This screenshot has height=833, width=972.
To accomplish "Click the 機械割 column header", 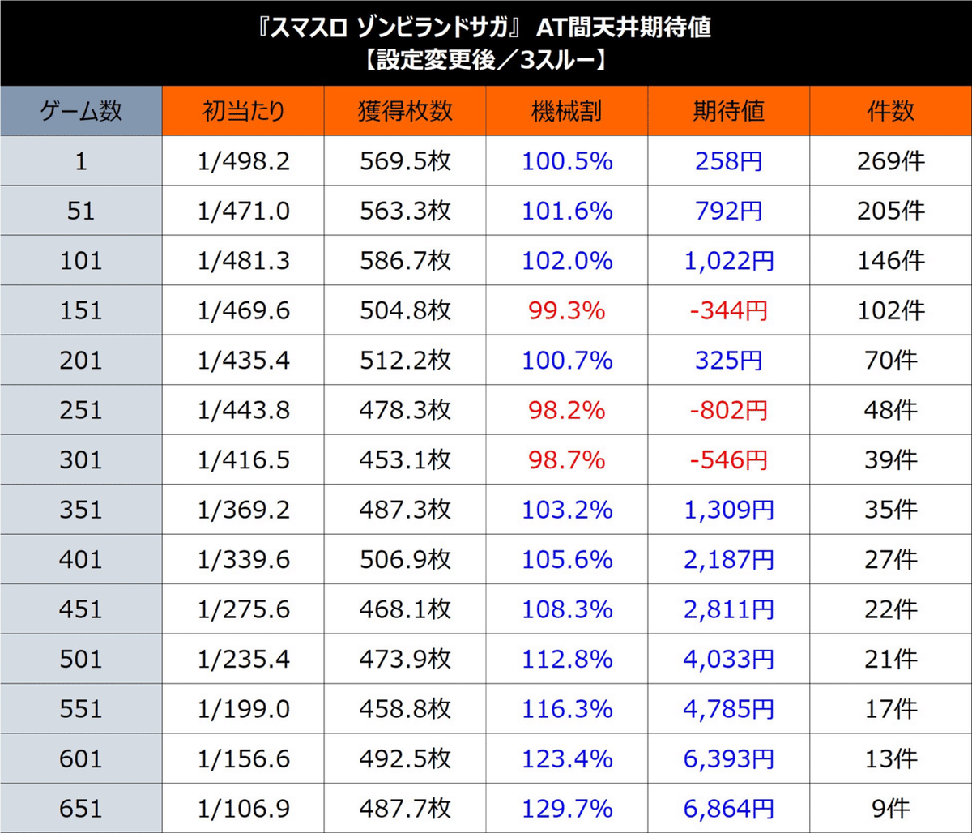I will [x=567, y=111].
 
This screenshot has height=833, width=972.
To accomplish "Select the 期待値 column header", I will [x=729, y=111].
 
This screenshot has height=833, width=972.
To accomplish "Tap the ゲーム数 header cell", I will [x=81, y=111].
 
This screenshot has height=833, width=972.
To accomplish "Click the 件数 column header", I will [x=890, y=111].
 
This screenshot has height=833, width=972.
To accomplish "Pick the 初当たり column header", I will [x=243, y=111].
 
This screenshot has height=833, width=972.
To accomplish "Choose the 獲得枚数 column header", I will [x=405, y=111].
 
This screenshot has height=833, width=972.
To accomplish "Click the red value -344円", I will [x=729, y=310].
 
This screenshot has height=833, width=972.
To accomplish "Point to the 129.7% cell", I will [x=567, y=808].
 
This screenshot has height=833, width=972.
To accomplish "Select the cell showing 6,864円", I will [x=729, y=808].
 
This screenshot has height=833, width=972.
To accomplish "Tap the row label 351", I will [x=81, y=510].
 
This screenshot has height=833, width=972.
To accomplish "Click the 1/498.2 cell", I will [x=243, y=161].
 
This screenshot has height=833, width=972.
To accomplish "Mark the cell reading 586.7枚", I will [x=405, y=261].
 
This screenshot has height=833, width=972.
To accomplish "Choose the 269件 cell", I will [x=890, y=161].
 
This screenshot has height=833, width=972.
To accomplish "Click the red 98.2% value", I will [x=567, y=410].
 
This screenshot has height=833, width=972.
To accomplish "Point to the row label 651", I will [x=81, y=808].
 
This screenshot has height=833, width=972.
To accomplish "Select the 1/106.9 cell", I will [x=243, y=808].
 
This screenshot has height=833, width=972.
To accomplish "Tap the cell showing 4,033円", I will [x=729, y=659].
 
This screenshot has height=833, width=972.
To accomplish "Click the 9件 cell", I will [x=890, y=808].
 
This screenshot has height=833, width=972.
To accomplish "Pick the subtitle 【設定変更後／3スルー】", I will [x=486, y=61].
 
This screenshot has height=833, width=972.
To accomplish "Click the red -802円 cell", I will [x=729, y=410].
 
